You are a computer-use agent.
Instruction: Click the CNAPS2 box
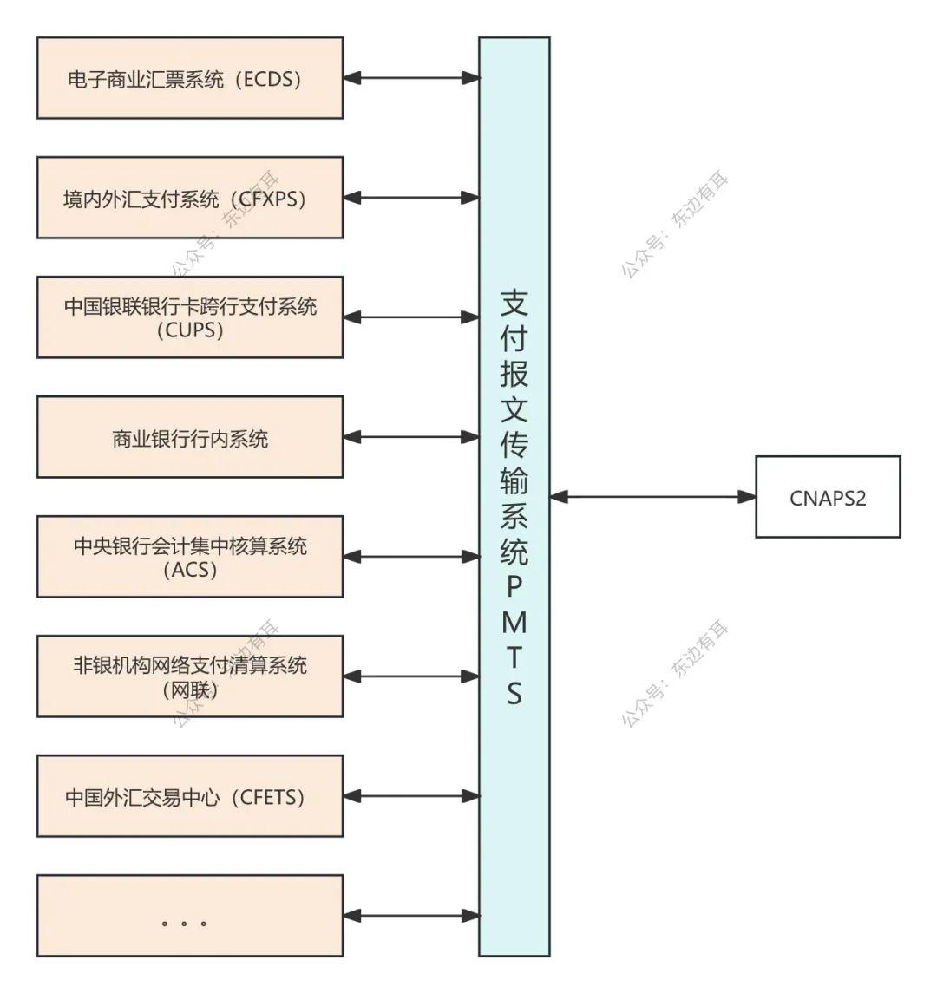click(x=828, y=497)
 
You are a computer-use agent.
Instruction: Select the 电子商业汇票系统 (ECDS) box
click(x=189, y=78)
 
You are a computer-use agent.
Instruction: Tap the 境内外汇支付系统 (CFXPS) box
click(x=189, y=198)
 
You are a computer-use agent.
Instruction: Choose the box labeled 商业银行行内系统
click(x=189, y=437)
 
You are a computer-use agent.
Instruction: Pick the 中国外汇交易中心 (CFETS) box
click(x=189, y=796)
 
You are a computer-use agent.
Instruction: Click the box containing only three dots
click(x=189, y=916)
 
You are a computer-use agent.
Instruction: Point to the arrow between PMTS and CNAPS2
click(x=652, y=497)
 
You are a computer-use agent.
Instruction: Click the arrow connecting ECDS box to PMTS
click(x=411, y=78)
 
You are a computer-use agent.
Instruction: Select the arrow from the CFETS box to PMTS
click(x=411, y=796)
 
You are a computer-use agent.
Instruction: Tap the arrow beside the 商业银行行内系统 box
click(x=411, y=437)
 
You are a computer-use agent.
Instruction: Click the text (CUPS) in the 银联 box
click(x=190, y=330)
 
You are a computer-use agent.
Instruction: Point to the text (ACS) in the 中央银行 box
click(x=190, y=570)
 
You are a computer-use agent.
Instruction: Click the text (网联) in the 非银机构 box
click(x=190, y=689)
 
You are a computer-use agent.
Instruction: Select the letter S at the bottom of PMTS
click(x=514, y=694)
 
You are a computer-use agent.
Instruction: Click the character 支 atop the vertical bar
click(x=514, y=301)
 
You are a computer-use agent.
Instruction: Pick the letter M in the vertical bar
click(x=514, y=621)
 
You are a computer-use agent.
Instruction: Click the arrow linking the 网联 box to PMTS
click(x=411, y=676)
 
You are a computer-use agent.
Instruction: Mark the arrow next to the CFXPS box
click(x=411, y=198)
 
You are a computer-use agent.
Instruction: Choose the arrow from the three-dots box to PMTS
click(x=411, y=916)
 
